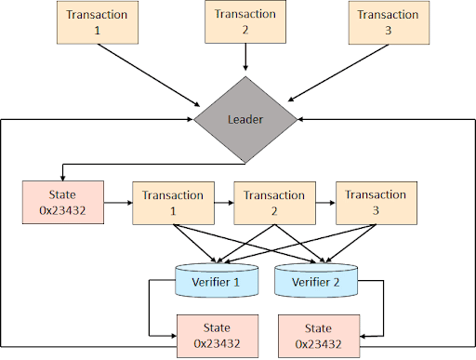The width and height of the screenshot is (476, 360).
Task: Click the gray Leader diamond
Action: (x=246, y=119)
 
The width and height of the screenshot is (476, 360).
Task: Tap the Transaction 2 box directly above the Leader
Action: (x=245, y=23)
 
